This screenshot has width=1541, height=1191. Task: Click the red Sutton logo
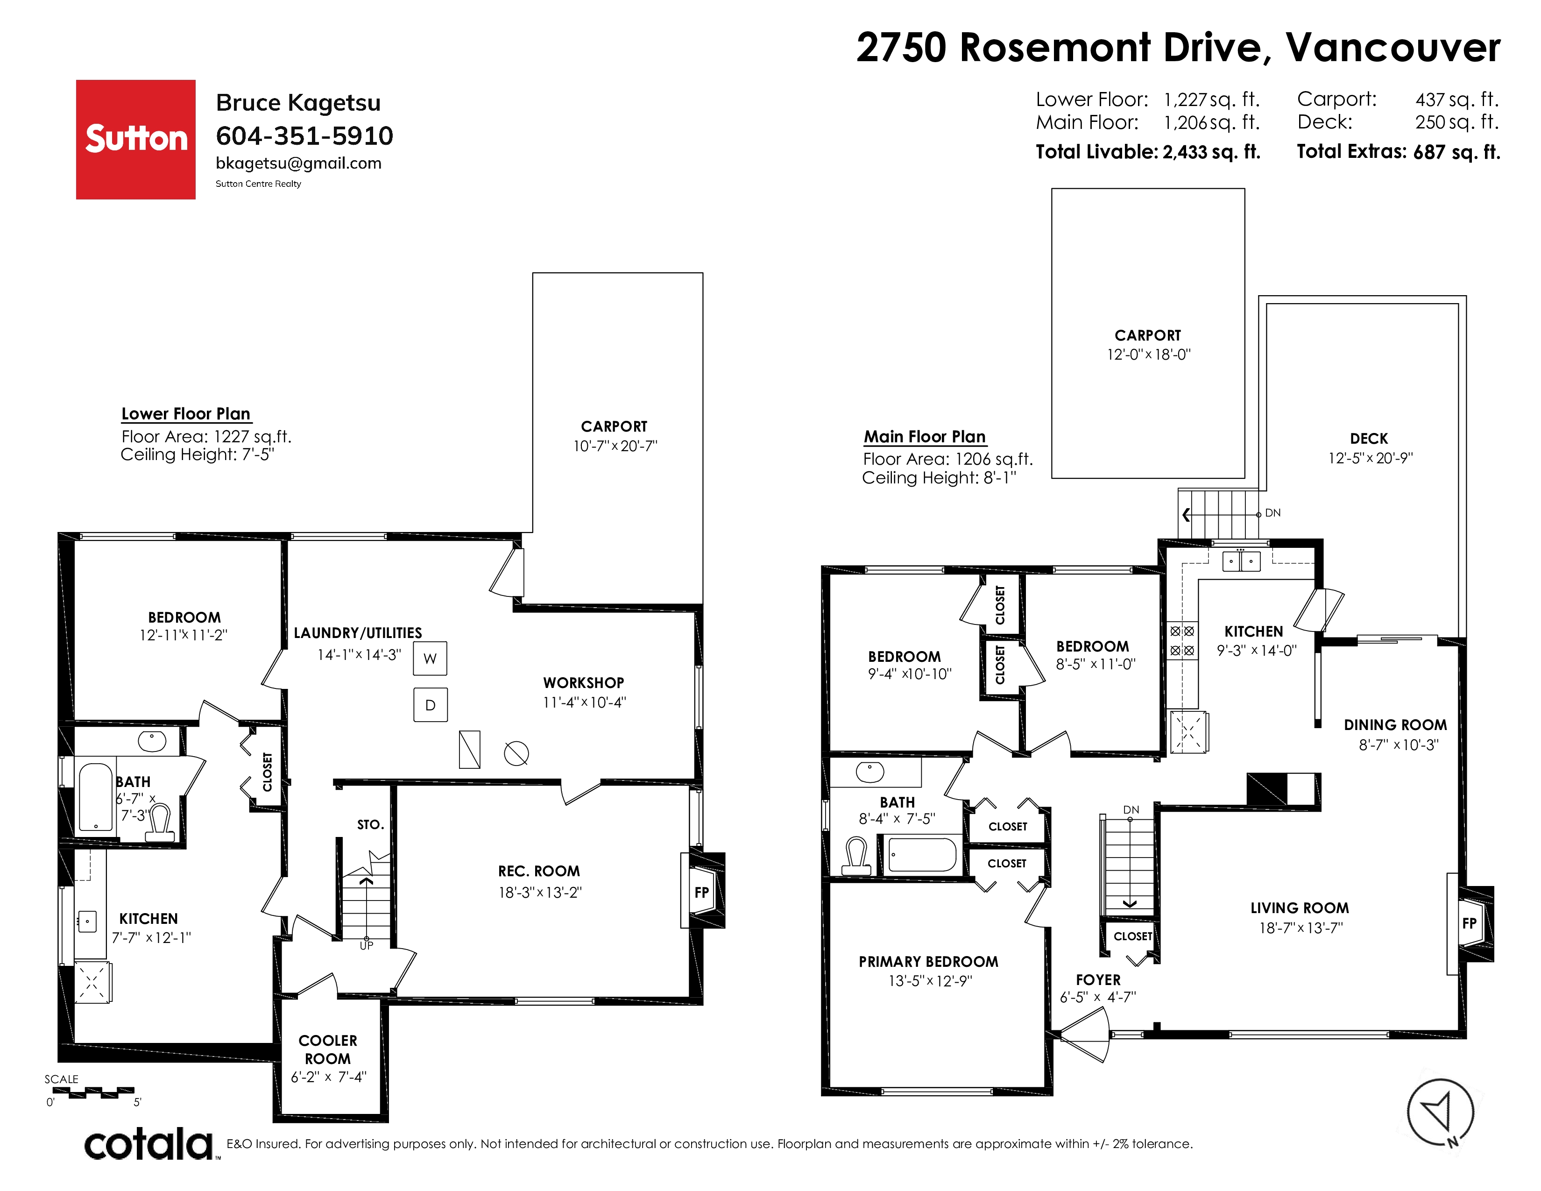tap(135, 139)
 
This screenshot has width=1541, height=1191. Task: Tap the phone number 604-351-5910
tap(304, 135)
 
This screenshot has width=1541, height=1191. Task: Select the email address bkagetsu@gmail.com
tap(298, 163)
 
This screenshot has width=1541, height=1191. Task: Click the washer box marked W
tap(430, 658)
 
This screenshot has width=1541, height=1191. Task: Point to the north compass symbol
tap(1440, 1113)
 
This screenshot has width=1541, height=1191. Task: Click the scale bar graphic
tap(93, 1092)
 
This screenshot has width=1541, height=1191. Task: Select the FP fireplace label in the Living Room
tap(1469, 923)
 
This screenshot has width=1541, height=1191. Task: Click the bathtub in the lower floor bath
tap(95, 797)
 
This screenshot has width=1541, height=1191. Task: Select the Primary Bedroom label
tap(928, 962)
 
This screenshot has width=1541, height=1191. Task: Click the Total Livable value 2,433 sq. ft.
tap(1211, 152)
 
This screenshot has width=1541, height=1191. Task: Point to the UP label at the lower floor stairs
tap(366, 945)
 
